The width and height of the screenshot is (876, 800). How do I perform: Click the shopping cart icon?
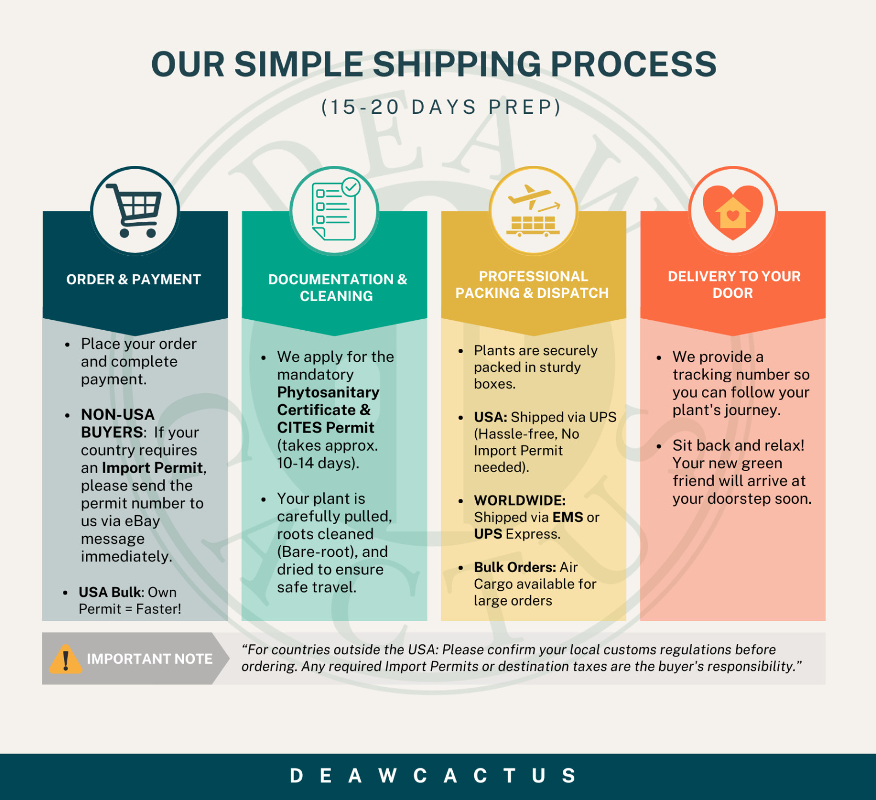pos(135,210)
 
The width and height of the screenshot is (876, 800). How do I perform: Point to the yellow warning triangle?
pos(66,659)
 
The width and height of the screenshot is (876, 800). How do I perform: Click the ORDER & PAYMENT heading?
pos(134,280)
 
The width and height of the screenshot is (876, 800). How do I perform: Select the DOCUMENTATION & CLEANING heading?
pos(337,287)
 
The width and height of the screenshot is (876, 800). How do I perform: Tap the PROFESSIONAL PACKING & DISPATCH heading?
pos(532,285)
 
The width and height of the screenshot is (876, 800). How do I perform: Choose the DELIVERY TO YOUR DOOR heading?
pos(734,285)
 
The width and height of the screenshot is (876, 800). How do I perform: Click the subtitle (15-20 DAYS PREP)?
pos(441,107)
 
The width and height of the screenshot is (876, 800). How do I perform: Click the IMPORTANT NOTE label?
pos(149,659)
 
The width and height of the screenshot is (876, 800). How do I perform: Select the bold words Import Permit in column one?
pos(152,468)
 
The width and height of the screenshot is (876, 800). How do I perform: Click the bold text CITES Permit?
pos(326,428)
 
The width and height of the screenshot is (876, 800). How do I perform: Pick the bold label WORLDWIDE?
pos(520,500)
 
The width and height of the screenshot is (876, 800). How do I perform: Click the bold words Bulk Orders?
pos(515,567)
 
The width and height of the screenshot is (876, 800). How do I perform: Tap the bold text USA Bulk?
pos(110,592)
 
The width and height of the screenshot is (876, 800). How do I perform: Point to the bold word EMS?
pos(568,517)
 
